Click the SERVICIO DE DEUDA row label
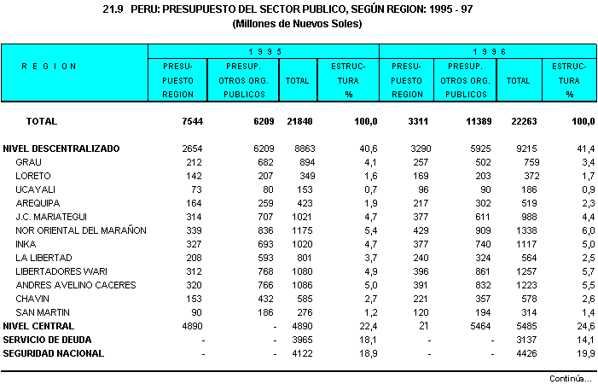pos(46,340)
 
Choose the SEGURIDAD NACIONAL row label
pos(53,353)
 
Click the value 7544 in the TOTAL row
pos(191,121)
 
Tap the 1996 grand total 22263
pos(523,121)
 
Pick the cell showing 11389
pos(476,121)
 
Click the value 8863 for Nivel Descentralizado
pos(298,148)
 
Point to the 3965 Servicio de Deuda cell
pos(298,340)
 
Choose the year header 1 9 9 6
pos(489,52)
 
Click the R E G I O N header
pos(49,67)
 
